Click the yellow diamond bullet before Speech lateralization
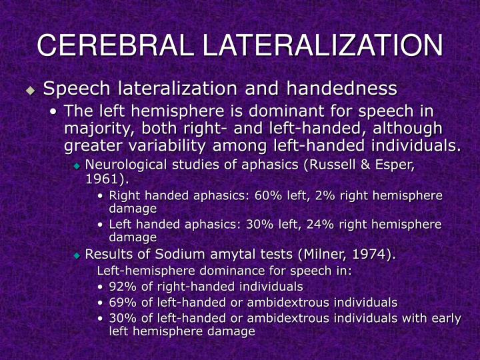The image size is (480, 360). (x=30, y=89)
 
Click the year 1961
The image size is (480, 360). (x=101, y=179)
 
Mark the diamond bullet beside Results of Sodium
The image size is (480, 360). (x=77, y=255)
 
